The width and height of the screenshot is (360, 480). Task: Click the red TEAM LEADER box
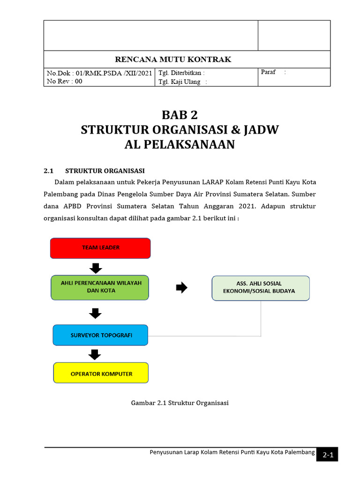tap(100, 248)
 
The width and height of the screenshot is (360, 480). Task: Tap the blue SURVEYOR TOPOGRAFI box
tap(101, 335)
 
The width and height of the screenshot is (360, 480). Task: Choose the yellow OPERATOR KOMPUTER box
tap(101, 374)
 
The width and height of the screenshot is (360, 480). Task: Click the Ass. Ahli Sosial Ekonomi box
tap(261, 288)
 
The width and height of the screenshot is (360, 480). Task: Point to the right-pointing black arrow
tap(181, 288)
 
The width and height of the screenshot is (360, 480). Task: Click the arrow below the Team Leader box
tap(96, 268)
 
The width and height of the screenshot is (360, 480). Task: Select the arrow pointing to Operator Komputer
tap(95, 354)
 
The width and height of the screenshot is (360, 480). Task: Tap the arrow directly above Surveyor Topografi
tap(95, 313)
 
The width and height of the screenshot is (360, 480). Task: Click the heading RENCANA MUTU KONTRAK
tap(173, 59)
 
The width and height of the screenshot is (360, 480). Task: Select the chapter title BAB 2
tap(180, 114)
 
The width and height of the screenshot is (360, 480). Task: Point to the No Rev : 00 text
tap(64, 81)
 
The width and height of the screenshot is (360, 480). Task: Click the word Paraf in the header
tap(268, 72)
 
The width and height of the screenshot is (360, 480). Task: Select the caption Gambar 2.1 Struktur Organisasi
tap(180, 403)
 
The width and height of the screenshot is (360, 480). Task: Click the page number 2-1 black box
tap(327, 455)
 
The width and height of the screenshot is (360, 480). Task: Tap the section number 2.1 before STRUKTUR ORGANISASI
tap(49, 170)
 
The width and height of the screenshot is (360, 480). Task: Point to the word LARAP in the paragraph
tap(212, 182)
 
